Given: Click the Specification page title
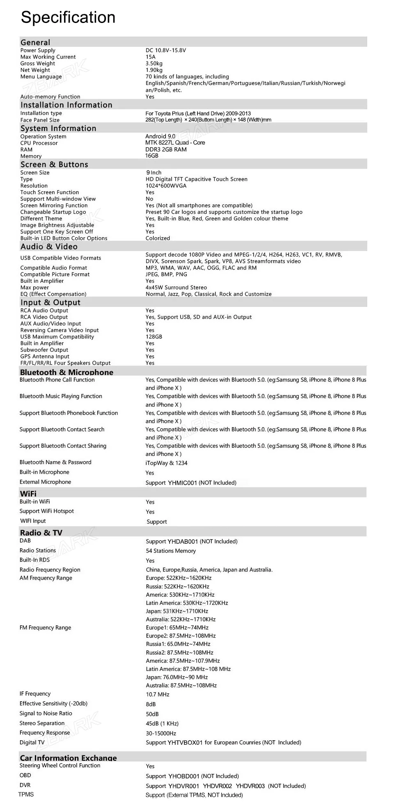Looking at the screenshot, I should click(x=68, y=18).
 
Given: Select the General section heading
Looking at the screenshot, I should click(x=35, y=42).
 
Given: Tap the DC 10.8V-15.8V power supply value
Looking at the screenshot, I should click(x=165, y=50).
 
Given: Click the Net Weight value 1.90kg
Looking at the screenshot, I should click(x=154, y=70).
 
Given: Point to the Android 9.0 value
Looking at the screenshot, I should click(x=160, y=136).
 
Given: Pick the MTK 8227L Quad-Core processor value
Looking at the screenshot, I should click(x=175, y=143).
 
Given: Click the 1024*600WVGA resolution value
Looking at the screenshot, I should click(x=166, y=186).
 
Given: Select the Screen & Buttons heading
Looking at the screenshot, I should click(x=54, y=165).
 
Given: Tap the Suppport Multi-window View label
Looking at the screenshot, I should click(x=58, y=199).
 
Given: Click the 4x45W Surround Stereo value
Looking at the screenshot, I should click(x=176, y=288).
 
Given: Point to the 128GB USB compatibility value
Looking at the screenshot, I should click(x=154, y=337).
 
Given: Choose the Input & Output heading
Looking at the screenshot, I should click(x=50, y=302).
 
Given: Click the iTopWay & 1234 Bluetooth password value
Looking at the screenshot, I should click(x=166, y=463).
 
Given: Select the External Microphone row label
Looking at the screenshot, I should click(x=45, y=482).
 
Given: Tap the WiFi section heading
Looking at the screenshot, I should click(x=28, y=494).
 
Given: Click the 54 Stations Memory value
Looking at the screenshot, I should click(x=171, y=551).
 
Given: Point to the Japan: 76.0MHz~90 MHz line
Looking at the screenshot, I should click(x=176, y=677).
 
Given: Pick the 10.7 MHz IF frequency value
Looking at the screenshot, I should click(x=158, y=695).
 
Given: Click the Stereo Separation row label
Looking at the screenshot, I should click(x=42, y=723).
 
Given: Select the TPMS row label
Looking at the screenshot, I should click(x=26, y=795).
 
